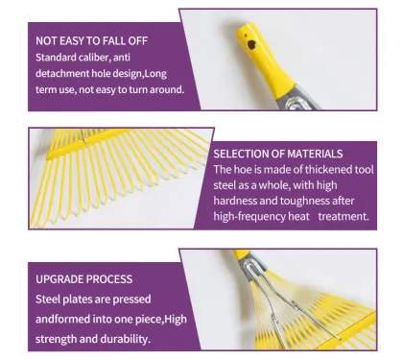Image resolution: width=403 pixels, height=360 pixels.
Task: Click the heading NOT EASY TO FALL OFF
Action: point(91,41)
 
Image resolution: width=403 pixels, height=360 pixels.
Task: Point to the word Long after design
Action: point(155,74)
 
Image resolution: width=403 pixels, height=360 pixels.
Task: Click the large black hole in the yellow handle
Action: point(251,45)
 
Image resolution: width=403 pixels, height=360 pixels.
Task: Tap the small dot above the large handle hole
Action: point(246,36)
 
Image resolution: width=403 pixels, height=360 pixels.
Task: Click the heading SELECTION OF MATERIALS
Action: point(278,154)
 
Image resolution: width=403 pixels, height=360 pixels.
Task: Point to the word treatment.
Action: point(344,217)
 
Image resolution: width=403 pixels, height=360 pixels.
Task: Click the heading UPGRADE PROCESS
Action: point(83,279)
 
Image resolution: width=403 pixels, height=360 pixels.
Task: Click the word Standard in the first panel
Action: point(56,58)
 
